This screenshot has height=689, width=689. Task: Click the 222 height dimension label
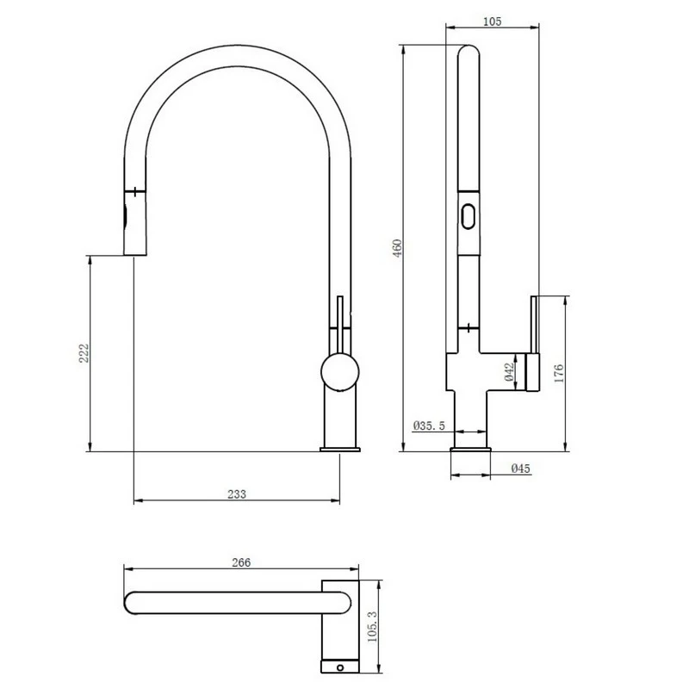(84, 354)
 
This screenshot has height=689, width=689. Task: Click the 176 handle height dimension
(558, 372)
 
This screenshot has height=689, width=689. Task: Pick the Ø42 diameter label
(509, 371)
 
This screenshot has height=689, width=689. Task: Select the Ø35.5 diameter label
(429, 425)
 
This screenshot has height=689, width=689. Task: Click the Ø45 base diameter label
(520, 469)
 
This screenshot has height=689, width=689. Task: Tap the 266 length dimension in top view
(241, 562)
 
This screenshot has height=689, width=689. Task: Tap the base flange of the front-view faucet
(342, 448)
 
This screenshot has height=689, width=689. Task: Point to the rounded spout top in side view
(466, 52)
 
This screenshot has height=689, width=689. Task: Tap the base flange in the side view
(470, 448)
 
